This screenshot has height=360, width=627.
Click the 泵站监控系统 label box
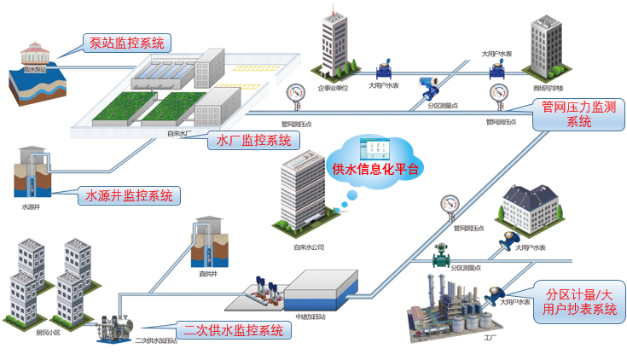point(127,43)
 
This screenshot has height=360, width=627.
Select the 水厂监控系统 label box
point(254,140)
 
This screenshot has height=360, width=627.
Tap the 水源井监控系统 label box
point(129,195)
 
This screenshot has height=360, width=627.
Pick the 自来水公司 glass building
point(303,196)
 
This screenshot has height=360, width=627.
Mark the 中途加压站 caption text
point(311,316)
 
